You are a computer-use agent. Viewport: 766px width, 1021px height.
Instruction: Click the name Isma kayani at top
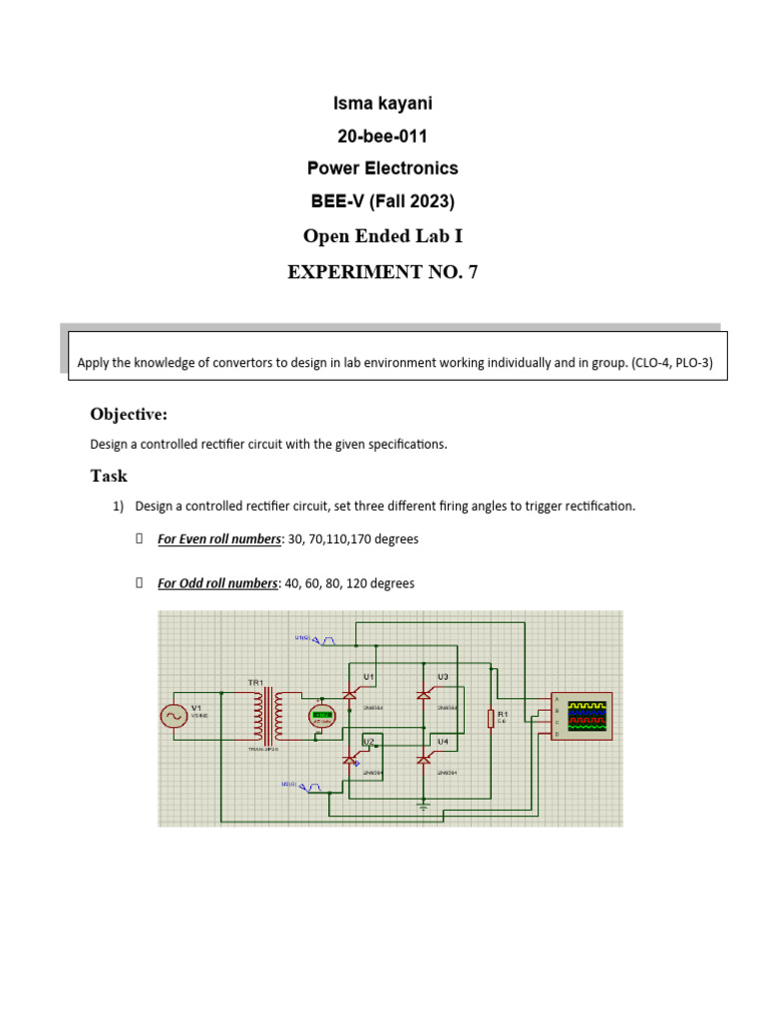pyautogui.click(x=383, y=104)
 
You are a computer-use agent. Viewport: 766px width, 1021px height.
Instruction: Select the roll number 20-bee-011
pyautogui.click(x=383, y=137)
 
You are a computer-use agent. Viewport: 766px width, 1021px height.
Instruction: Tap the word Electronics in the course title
pyautogui.click(x=411, y=169)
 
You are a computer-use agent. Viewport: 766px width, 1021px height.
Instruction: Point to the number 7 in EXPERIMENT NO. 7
pyautogui.click(x=472, y=271)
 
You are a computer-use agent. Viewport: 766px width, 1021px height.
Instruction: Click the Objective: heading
pyautogui.click(x=129, y=414)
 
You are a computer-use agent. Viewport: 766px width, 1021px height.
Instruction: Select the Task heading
pyautogui.click(x=109, y=476)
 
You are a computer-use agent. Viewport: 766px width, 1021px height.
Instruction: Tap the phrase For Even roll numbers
pyautogui.click(x=219, y=539)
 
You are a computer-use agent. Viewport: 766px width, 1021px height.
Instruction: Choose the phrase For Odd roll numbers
pyautogui.click(x=217, y=583)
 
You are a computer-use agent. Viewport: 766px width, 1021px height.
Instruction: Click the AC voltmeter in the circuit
pyautogui.click(x=322, y=716)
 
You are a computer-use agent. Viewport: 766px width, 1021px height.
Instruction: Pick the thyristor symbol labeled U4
pyautogui.click(x=424, y=760)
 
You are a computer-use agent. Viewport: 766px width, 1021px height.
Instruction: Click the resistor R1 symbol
pyautogui.click(x=490, y=719)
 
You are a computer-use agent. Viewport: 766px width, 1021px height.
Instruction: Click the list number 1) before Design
pyautogui.click(x=119, y=507)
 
